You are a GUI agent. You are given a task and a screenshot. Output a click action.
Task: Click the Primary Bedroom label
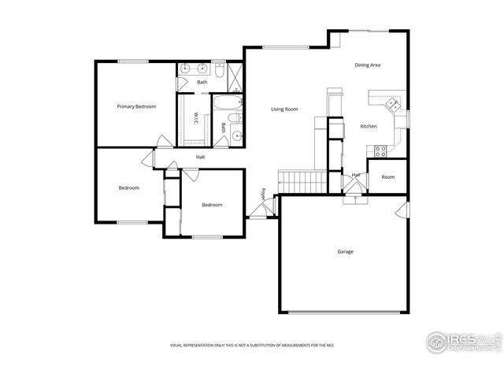click(x=136, y=106)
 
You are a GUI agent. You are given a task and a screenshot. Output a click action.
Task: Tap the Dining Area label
click(x=368, y=65)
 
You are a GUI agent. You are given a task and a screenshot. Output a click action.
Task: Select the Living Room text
click(x=284, y=109)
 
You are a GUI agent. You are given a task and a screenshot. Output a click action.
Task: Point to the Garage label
click(x=345, y=252)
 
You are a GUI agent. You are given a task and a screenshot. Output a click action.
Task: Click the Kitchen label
click(x=369, y=126)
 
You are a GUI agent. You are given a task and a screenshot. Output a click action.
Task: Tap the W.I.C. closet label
click(x=196, y=119)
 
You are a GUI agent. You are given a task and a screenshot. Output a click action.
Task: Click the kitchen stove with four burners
click(x=380, y=149)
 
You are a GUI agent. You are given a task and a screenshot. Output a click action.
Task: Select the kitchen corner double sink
click(x=391, y=103)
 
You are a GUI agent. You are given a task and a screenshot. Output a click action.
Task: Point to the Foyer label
click(x=264, y=193)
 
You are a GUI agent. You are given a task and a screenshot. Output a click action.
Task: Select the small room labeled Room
click(x=388, y=177)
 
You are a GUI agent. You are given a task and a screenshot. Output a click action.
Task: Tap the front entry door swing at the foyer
click(x=260, y=209)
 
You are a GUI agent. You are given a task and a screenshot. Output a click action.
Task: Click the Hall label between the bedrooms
click(x=201, y=157)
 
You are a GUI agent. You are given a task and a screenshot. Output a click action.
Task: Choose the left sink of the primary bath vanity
click(x=184, y=69)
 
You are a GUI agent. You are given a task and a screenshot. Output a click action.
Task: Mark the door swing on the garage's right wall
click(x=402, y=210)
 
